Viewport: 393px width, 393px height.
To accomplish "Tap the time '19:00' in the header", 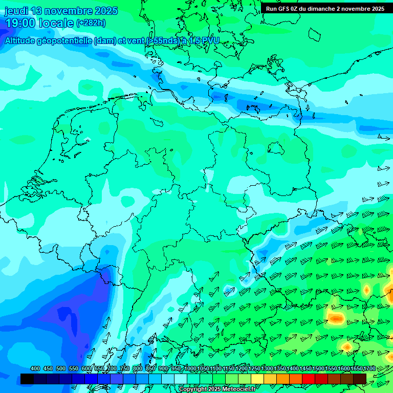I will (x=20, y=23).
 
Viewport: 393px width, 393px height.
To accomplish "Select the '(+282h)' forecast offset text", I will (x=91, y=23).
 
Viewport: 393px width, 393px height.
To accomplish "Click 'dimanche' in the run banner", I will (x=320, y=9).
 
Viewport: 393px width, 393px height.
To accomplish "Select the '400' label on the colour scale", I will (x=35, y=368).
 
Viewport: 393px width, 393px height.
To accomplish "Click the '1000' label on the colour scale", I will (x=190, y=368).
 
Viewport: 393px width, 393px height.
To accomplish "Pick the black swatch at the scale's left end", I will (x=27, y=379).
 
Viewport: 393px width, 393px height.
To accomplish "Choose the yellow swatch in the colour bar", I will (x=257, y=379).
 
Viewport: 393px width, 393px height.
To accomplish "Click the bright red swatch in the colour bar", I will (x=309, y=379).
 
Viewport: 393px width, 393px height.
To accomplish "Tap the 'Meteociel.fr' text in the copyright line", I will (x=236, y=389).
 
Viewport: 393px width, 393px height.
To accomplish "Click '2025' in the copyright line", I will (x=215, y=389).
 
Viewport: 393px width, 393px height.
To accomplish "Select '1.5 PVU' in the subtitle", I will (x=204, y=40).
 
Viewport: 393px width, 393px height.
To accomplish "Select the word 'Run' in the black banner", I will (x=272, y=9).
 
